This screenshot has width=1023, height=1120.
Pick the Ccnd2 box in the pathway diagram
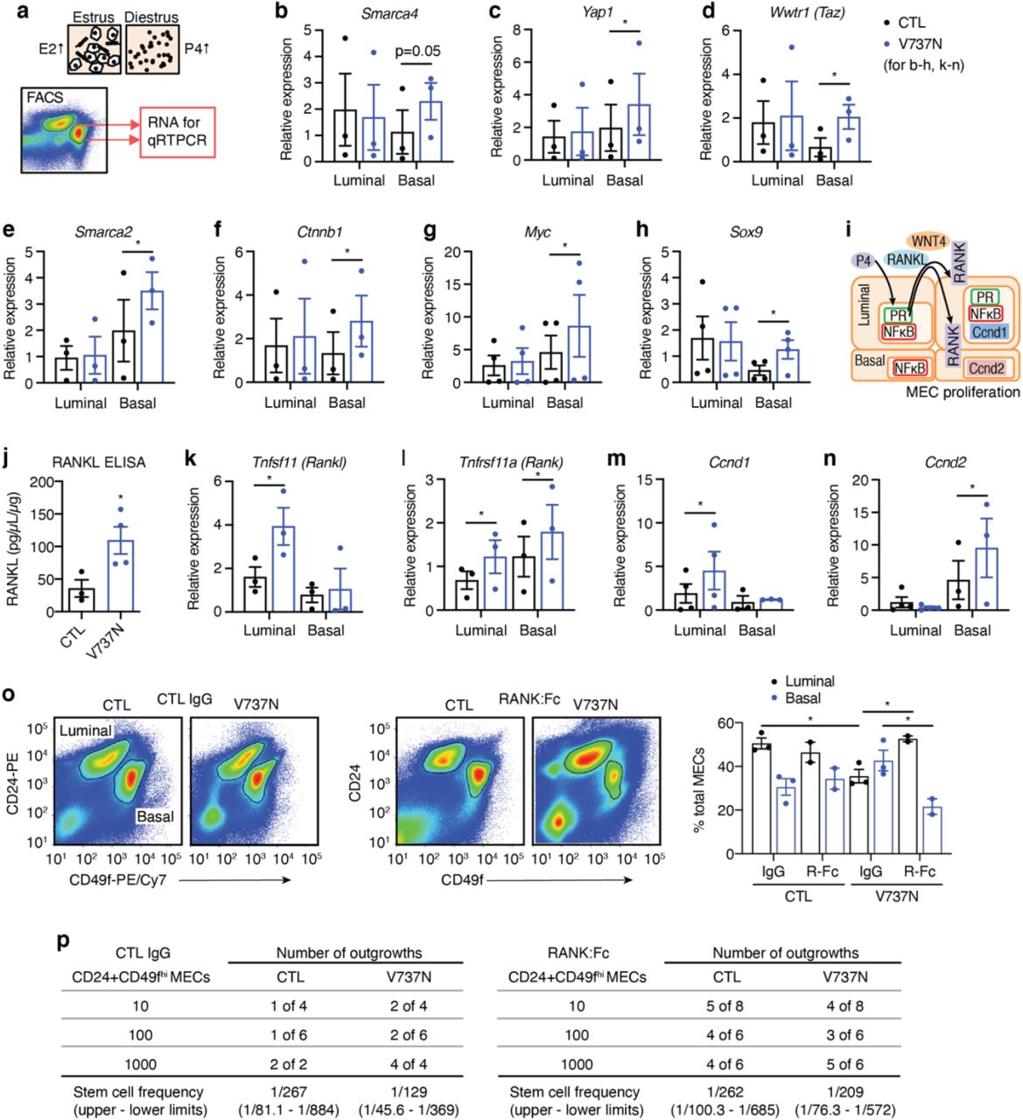coord(985,368)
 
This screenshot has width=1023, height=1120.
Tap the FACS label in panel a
coord(46,97)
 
